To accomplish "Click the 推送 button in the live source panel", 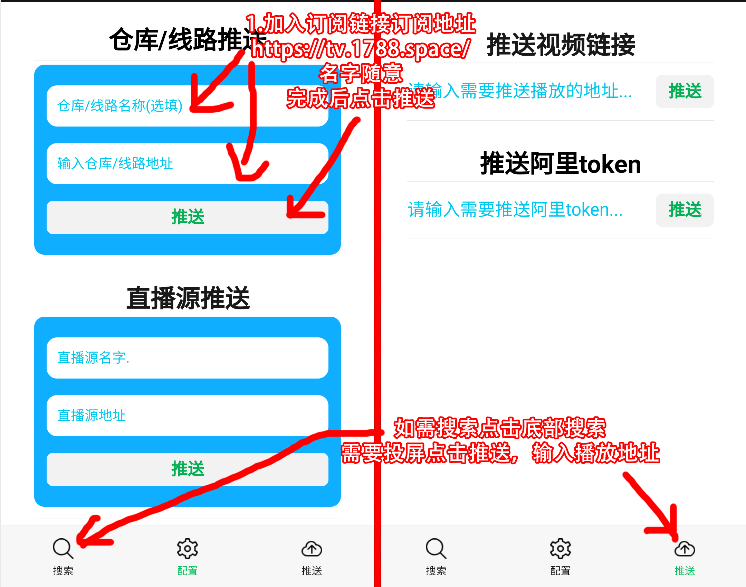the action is point(187,469).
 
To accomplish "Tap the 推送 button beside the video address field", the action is point(685,91).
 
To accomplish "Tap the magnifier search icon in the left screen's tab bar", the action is point(63,548).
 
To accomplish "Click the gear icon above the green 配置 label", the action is point(187,548).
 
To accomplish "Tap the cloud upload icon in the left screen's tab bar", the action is point(312,548).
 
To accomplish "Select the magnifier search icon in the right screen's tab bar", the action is point(436,548).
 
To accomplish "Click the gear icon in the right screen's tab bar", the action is point(560,548).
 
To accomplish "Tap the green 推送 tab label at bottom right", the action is point(685,571).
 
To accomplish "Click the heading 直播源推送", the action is point(188,298).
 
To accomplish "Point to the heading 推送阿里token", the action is point(560,164).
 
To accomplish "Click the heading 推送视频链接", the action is point(561,45).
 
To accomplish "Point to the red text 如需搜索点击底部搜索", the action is point(500,428).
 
